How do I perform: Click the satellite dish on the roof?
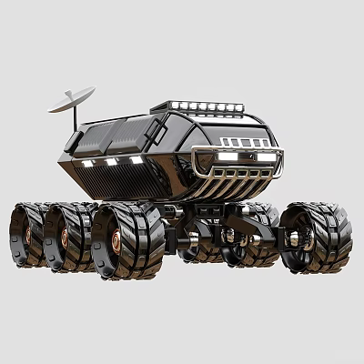click(x=71, y=98)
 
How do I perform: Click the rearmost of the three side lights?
click(x=88, y=164)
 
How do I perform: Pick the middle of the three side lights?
click(x=111, y=162)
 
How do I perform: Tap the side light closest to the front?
click(x=136, y=160)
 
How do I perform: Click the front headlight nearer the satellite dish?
click(x=227, y=157)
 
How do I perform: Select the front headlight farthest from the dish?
click(x=265, y=157)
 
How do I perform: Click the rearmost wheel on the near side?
click(x=26, y=235)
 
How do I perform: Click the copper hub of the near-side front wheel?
click(x=116, y=242)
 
